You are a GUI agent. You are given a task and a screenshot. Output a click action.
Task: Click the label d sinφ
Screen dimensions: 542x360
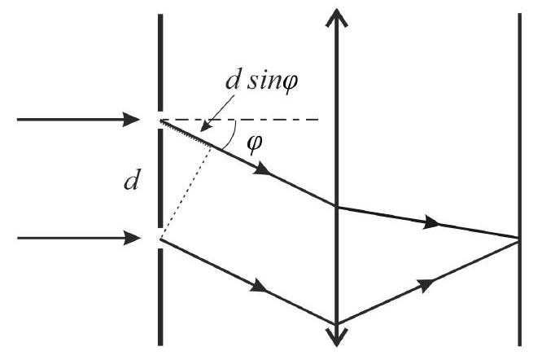point(262,81)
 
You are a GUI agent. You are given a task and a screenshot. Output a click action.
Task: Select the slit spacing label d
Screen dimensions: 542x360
point(131,181)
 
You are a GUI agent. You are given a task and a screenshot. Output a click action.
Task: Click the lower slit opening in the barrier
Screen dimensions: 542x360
point(160,239)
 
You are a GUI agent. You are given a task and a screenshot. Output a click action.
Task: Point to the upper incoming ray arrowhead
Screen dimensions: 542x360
point(132,120)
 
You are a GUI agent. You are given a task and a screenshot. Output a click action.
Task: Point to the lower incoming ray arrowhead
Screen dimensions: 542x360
point(132,239)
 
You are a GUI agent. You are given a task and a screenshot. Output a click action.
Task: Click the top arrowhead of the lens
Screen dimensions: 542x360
point(337,17)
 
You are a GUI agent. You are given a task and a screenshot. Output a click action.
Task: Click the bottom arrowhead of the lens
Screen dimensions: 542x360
point(337,337)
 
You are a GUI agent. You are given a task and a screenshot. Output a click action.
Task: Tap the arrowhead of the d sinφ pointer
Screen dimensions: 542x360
point(205,126)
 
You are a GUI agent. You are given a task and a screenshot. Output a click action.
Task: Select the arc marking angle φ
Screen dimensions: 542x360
point(233,136)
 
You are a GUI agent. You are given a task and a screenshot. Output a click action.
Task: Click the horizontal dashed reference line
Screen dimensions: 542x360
point(239,120)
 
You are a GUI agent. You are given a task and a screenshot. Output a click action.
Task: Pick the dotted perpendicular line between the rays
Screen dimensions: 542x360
point(186,192)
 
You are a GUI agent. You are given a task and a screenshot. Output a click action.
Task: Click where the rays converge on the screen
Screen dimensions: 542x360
point(519,239)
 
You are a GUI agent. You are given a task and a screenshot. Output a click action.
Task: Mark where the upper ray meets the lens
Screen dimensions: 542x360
point(337,207)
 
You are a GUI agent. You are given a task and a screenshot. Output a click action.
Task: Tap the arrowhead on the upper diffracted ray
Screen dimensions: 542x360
point(261,169)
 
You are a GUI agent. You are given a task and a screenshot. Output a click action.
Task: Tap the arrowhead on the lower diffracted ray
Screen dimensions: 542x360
point(260,286)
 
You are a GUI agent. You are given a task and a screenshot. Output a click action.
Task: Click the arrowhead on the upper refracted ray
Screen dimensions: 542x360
point(431,222)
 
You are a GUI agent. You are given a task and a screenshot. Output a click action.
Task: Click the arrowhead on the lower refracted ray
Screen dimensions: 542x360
point(426,284)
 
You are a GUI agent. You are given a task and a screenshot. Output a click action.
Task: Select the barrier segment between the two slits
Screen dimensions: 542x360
point(160,178)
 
